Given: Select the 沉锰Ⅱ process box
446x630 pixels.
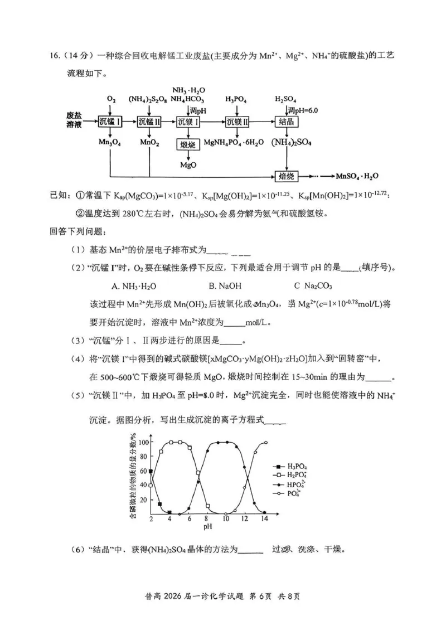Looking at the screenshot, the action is click(x=149, y=122).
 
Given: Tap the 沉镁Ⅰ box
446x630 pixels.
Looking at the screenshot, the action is click(x=188, y=122).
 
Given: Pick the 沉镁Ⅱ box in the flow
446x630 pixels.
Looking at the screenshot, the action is click(x=237, y=122).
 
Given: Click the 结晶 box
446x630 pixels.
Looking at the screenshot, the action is click(x=285, y=122).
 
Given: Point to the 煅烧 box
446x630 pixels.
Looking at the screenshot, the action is click(x=188, y=146).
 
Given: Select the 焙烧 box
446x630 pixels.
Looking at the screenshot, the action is click(x=286, y=176).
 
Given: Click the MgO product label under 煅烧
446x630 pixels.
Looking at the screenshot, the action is click(x=188, y=166).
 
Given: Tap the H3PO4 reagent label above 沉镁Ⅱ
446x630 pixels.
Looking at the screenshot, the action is click(x=236, y=99).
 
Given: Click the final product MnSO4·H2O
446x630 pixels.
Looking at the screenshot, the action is click(x=357, y=176).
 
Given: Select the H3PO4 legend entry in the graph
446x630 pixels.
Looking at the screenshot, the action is click(x=291, y=465).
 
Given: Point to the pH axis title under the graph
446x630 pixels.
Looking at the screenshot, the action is click(x=207, y=526).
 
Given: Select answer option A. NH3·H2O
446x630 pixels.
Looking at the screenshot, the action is click(x=134, y=286).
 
